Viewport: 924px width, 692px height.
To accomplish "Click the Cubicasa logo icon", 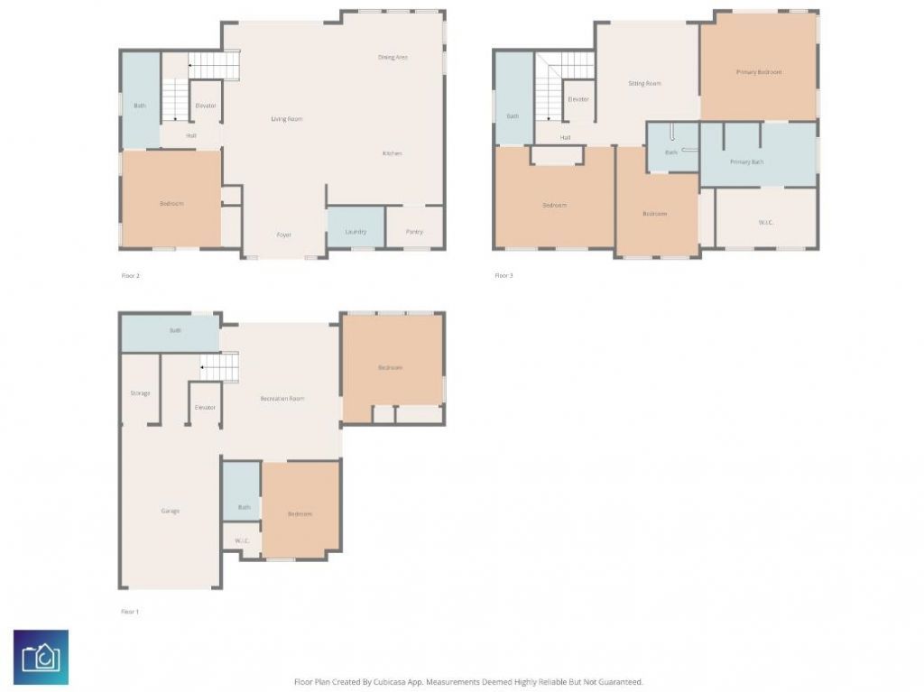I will coord(41,657).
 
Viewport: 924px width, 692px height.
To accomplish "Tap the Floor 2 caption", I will coord(130,275).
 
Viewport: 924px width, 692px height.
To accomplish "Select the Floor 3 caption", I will coord(504,275).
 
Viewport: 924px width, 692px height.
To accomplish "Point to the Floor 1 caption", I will coord(130,612).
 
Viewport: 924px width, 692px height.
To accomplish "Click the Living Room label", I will coord(287,119).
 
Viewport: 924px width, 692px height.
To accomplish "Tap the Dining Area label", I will coord(393,57).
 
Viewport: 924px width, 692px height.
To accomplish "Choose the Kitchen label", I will coord(392,153).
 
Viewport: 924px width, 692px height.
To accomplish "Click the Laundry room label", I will coord(356,232).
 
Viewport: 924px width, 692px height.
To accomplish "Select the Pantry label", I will coord(414,232).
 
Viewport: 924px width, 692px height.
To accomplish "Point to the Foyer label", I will coord(283,235).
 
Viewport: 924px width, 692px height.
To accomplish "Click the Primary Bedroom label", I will coord(759,72).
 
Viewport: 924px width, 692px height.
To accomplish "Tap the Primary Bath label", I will coord(746,162).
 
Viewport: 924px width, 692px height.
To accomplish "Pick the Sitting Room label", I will coord(644,84).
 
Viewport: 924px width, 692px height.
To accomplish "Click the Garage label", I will coord(170,511).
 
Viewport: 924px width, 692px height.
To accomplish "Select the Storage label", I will coord(140,393).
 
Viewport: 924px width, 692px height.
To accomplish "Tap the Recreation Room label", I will coord(282,398).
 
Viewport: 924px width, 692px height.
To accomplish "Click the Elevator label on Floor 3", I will coord(577,99).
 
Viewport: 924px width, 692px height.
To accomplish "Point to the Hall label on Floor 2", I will coord(191,136).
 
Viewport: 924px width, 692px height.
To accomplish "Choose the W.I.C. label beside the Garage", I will coord(242,541).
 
